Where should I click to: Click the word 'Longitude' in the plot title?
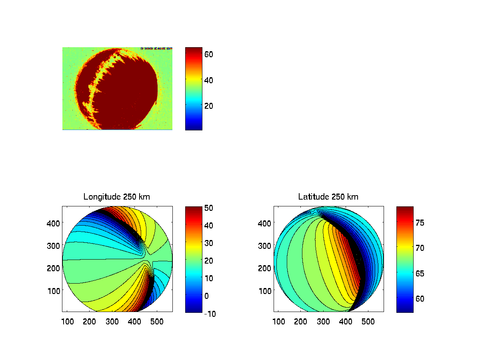[x=100, y=197]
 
